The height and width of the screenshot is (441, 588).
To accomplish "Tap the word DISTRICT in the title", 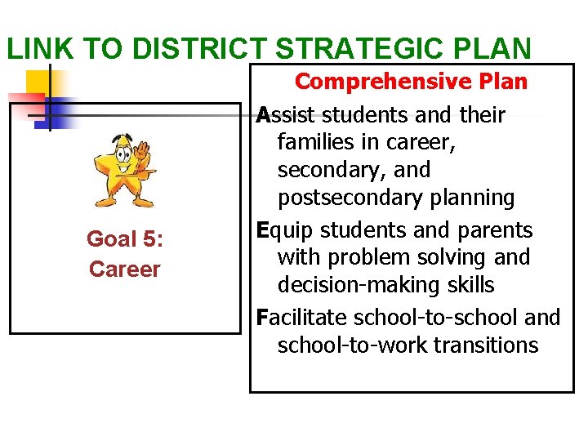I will click(x=204, y=48).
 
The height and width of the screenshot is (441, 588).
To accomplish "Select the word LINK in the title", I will click(x=38, y=48).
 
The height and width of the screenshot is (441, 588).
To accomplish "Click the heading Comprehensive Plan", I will click(x=411, y=82).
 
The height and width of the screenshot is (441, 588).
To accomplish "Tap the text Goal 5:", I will click(x=124, y=239).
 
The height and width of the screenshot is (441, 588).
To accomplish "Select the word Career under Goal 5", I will click(x=124, y=269).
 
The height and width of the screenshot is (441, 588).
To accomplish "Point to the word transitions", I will click(x=486, y=345).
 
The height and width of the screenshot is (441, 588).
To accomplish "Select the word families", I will click(x=314, y=143).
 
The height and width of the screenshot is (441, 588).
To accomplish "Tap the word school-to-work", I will click(x=353, y=345).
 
